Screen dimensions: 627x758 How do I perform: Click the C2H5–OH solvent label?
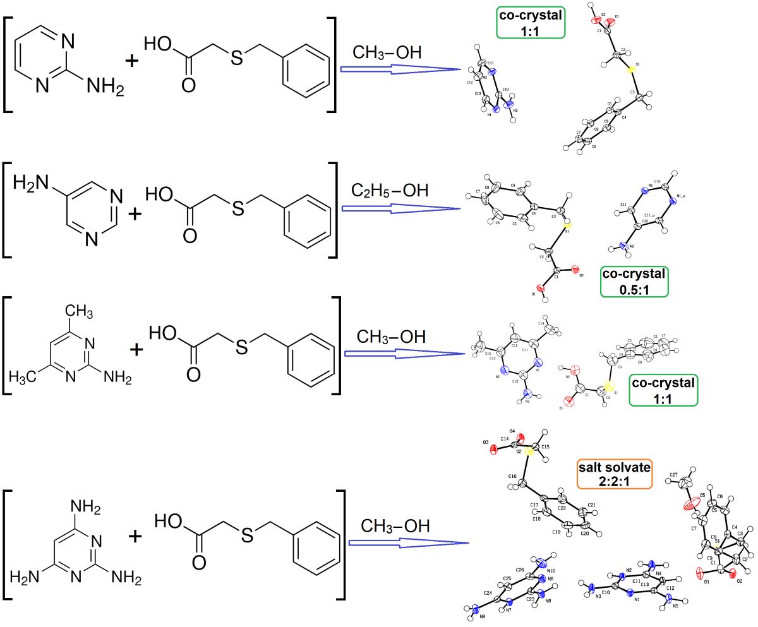(x=389, y=189)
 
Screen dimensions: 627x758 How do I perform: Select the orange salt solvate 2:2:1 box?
(x=614, y=474)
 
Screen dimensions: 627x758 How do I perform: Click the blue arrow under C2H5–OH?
(x=400, y=208)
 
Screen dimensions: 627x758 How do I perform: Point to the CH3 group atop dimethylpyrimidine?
(x=80, y=311)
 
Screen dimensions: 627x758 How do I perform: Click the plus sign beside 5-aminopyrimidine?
(x=135, y=214)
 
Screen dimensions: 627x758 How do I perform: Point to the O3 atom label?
(x=486, y=445)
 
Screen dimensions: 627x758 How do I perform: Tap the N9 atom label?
(x=483, y=615)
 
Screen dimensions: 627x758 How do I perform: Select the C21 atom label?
(x=592, y=505)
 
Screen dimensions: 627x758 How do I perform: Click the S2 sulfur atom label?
(x=519, y=451)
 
